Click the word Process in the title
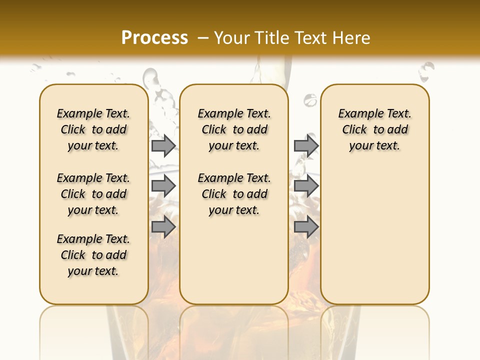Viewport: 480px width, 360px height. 154,37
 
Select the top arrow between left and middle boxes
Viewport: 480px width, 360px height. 163,145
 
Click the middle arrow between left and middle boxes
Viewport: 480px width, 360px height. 163,186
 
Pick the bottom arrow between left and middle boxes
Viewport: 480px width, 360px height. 163,227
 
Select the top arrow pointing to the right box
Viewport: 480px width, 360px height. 306,145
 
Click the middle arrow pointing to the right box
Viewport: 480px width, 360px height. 306,186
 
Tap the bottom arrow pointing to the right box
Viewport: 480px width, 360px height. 306,227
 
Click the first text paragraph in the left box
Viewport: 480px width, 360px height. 93,129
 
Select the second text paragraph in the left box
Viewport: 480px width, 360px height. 93,194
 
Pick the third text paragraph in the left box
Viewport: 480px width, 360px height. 93,255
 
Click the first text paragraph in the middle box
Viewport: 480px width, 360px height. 234,129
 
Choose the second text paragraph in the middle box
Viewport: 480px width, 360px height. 234,194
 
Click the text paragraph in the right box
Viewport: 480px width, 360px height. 375,129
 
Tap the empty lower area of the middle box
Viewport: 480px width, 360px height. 234,260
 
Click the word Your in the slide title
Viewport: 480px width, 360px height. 232,38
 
